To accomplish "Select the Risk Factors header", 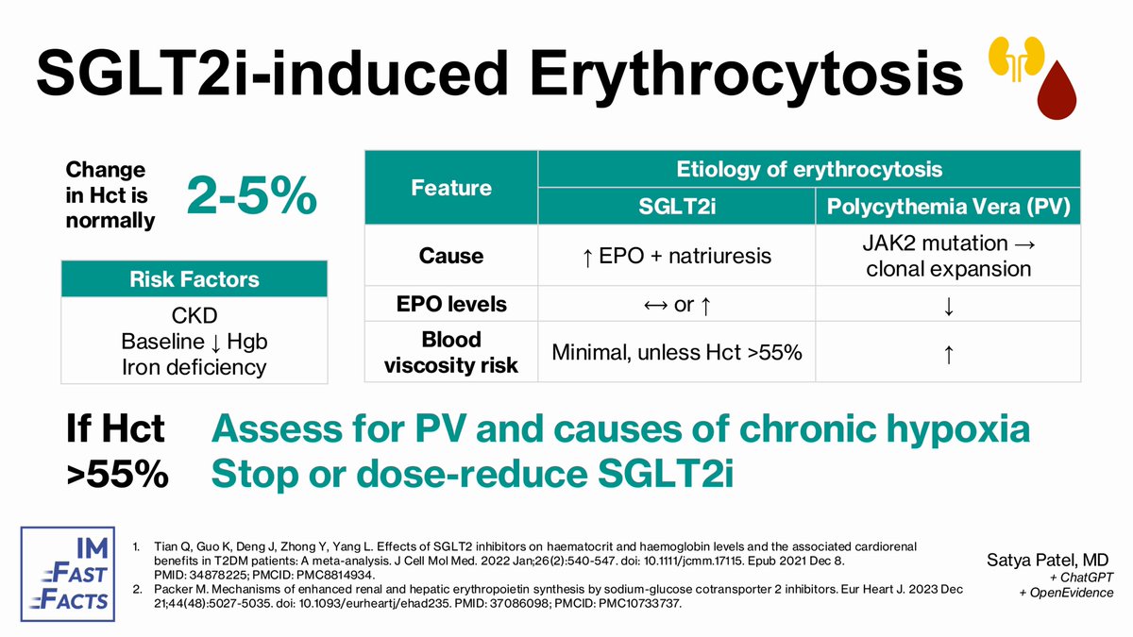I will [x=194, y=279].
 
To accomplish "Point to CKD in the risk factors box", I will [x=194, y=316].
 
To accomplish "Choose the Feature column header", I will [x=451, y=188].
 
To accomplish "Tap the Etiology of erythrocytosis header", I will [x=810, y=169].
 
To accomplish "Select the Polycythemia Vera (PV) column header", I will [x=948, y=207].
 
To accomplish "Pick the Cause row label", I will [x=451, y=256].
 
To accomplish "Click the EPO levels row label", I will [x=451, y=305].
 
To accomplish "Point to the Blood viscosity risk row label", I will [x=451, y=351].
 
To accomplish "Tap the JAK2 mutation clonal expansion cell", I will [x=948, y=256].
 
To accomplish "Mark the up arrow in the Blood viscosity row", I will [x=948, y=353].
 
